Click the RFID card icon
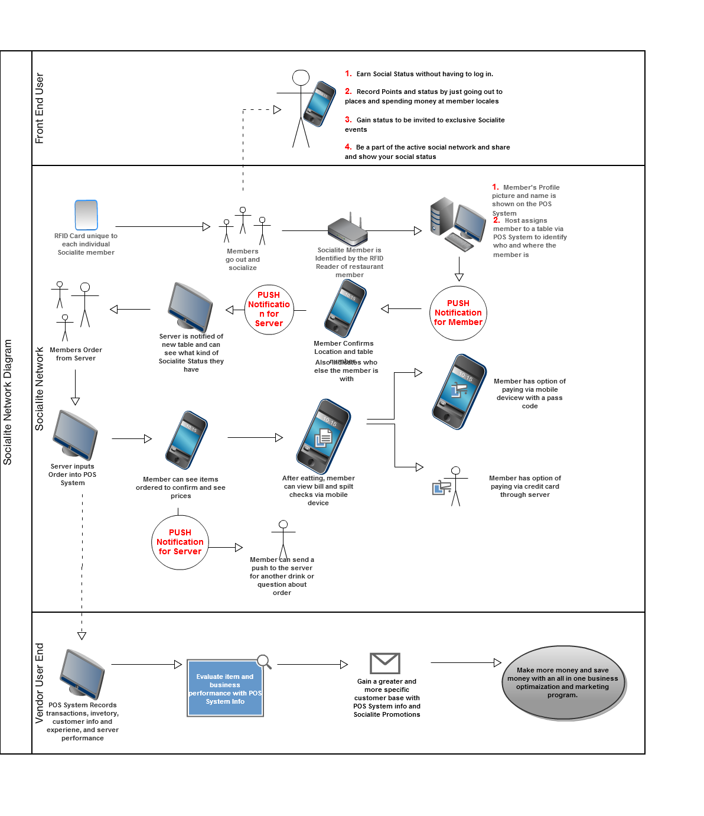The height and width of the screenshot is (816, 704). [x=86, y=214]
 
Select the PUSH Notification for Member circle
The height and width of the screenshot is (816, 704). [x=458, y=313]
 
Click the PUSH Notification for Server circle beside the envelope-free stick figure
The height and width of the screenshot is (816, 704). [x=180, y=542]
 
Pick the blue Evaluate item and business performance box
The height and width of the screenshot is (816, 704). [x=225, y=688]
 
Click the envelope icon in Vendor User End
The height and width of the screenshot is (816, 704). [x=385, y=663]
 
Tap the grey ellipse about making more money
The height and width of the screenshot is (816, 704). [x=563, y=683]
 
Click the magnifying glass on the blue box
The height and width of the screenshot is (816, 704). [x=264, y=661]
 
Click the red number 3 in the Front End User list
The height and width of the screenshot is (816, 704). [x=348, y=119]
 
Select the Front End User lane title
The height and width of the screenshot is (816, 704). [x=40, y=108]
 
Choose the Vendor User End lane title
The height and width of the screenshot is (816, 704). [x=40, y=683]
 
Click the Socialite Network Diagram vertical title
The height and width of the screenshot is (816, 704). [x=8, y=402]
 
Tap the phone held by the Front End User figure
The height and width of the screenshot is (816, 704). [x=320, y=103]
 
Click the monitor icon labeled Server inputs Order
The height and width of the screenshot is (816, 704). [x=74, y=435]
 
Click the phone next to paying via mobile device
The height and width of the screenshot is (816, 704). [x=459, y=391]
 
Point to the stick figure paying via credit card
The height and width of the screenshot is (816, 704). [x=455, y=486]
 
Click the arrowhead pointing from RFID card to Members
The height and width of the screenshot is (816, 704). [x=206, y=226]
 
